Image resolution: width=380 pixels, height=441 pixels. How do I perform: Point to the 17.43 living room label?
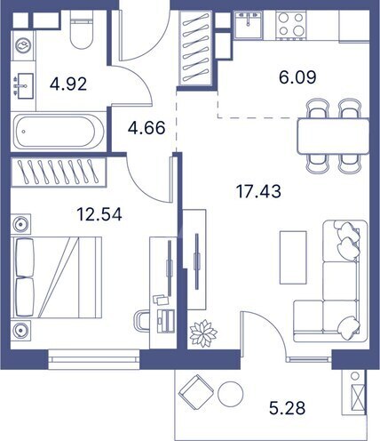click(253, 190)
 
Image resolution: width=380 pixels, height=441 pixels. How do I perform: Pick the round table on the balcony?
click(232, 393)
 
